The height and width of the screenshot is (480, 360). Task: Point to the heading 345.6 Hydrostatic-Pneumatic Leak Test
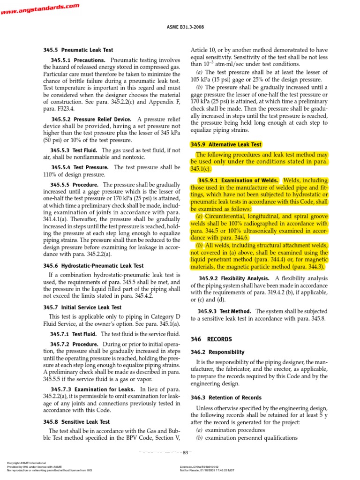pyautogui.click(x=93, y=266)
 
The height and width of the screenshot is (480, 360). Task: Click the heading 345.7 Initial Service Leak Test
pyautogui.click(x=82, y=307)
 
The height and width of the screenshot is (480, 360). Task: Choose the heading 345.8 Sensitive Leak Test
pyautogui.click(x=76, y=422)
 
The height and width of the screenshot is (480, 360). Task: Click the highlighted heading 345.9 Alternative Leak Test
pyautogui.click(x=226, y=144)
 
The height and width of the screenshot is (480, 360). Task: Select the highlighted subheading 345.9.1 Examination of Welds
pyautogui.click(x=238, y=180)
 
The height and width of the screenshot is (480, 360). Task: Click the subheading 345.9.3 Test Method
pyautogui.click(x=224, y=311)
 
